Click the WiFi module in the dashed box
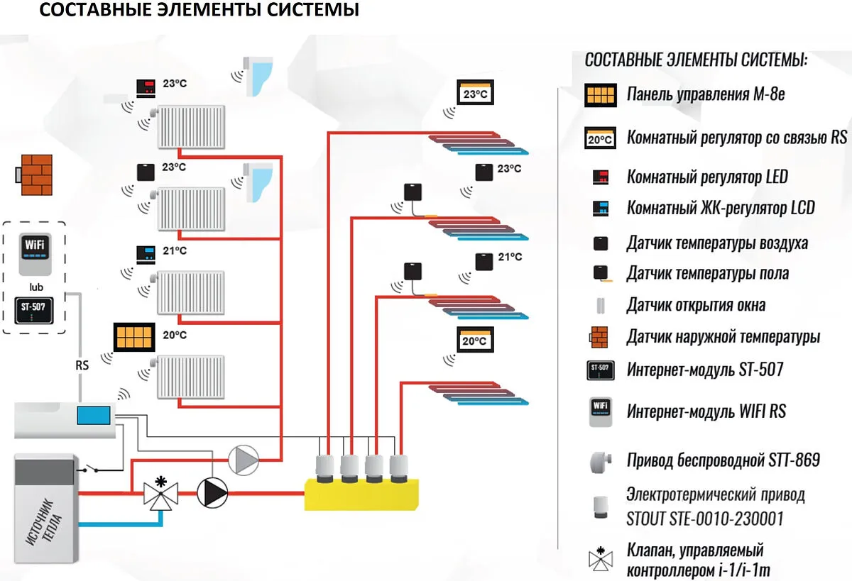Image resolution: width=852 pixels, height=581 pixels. point(35,254)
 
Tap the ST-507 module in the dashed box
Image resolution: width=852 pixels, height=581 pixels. point(34,311)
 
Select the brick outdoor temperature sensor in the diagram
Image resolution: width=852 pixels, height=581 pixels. point(34,175)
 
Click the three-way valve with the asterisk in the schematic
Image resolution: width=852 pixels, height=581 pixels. point(161,493)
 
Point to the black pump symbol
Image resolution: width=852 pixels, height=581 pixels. point(212,493)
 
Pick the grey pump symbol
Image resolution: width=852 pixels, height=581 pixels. point(244,460)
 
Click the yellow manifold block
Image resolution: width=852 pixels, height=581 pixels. point(361,494)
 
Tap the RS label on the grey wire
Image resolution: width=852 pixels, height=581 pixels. point(82,365)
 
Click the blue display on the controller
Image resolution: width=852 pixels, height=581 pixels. point(94,415)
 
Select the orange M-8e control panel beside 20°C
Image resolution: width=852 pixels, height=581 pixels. point(134,338)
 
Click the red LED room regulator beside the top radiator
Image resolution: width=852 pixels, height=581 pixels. point(146,89)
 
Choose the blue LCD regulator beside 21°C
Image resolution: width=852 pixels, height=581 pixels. point(146,255)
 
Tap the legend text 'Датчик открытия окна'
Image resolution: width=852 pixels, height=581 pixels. point(696,306)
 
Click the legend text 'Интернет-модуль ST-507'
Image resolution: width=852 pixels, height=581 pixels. point(705,370)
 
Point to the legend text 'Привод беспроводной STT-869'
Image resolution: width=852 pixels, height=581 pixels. point(723,460)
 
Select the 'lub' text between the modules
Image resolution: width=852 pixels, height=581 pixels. point(36,287)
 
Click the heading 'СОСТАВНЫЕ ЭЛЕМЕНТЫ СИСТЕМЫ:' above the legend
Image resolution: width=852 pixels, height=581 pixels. point(696,60)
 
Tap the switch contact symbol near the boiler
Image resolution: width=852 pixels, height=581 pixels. point(91,468)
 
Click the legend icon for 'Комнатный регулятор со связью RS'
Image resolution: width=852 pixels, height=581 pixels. point(600,138)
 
